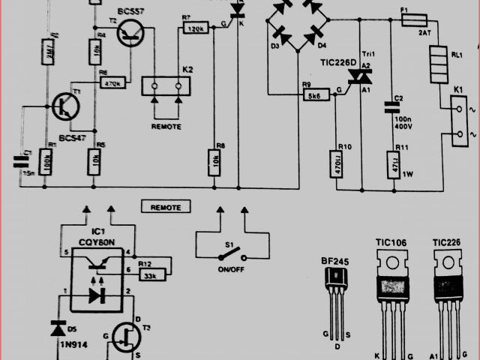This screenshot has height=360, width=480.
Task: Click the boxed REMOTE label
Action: (166, 206)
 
